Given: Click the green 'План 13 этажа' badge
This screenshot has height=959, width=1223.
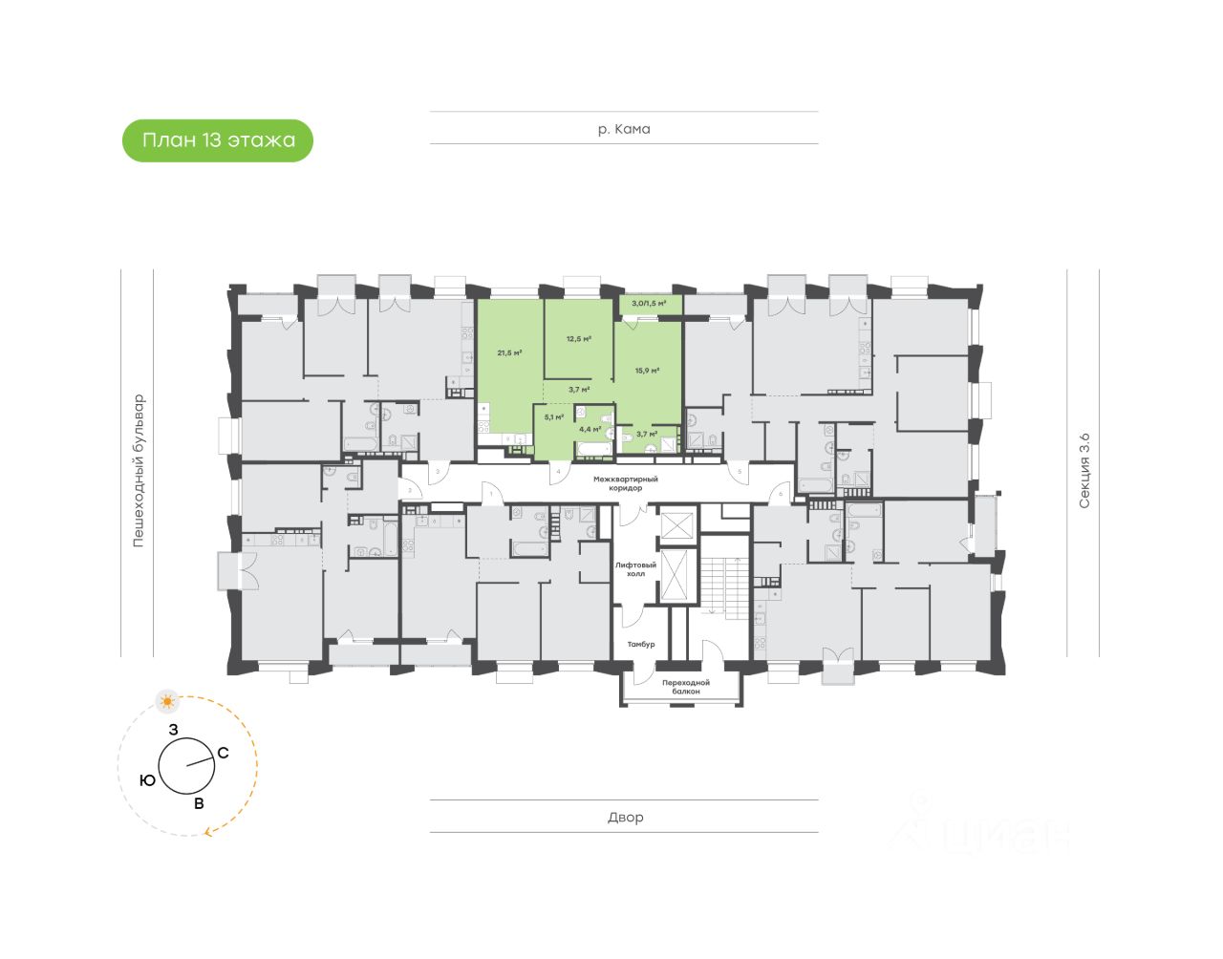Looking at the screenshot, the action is point(218,140).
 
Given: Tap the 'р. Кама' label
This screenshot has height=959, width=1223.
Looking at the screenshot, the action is point(624,129).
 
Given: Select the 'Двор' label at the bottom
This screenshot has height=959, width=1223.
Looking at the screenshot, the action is point(625,818).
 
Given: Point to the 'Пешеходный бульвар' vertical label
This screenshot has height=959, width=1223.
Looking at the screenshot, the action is point(139,470).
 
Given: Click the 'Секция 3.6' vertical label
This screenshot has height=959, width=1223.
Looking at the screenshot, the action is point(1084,470).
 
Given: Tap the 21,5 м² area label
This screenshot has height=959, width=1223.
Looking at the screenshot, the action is point(509,352).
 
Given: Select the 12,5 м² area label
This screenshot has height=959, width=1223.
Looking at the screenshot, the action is point(578,338).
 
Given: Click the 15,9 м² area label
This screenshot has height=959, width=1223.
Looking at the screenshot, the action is point(647,371).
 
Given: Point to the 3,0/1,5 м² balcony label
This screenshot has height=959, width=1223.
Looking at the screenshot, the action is point(649,304).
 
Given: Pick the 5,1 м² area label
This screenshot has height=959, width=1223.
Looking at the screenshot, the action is point(554,416).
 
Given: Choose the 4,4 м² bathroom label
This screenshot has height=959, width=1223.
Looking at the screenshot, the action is point(590,429).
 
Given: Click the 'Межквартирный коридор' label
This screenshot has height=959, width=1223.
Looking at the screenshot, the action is point(626,483).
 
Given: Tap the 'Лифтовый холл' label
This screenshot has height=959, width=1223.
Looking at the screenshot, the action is point(635,569).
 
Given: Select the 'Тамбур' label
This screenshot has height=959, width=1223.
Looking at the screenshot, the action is point(640,645).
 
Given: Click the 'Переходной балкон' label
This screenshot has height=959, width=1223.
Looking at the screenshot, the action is point(686,687).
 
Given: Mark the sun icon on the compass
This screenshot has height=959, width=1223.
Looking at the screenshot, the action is point(168,702).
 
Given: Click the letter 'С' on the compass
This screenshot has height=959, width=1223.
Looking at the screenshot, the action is point(223,753).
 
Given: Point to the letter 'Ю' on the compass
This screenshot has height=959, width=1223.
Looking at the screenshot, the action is point(147,780).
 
